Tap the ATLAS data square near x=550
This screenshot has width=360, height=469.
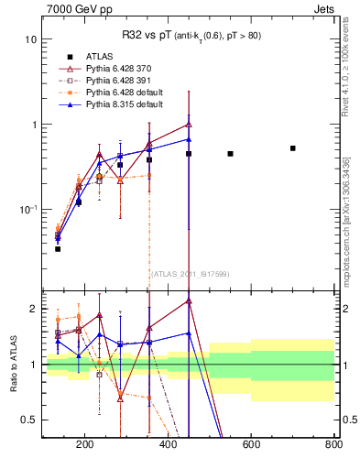tap(230, 154)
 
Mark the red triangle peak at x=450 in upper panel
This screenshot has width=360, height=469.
tap(189, 124)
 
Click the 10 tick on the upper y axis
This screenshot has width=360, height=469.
tap(32, 39)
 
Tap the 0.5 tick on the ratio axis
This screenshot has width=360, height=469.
tap(30, 420)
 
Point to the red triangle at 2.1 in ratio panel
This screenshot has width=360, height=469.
tap(189, 300)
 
